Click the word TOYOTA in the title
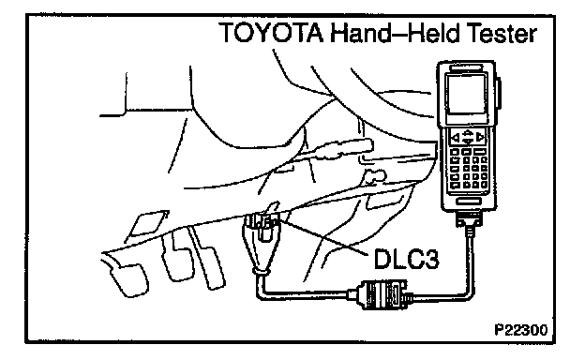pyautogui.click(x=272, y=33)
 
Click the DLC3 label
pyautogui.click(x=406, y=259)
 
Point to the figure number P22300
pyautogui.click(x=521, y=330)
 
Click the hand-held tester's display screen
pyautogui.click(x=466, y=93)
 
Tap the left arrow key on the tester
pyautogui.click(x=456, y=138)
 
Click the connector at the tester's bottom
pyautogui.click(x=469, y=218)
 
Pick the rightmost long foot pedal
pyautogui.click(x=207, y=258)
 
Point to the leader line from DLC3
pyautogui.click(x=323, y=236)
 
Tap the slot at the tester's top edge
pyautogui.click(x=466, y=67)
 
